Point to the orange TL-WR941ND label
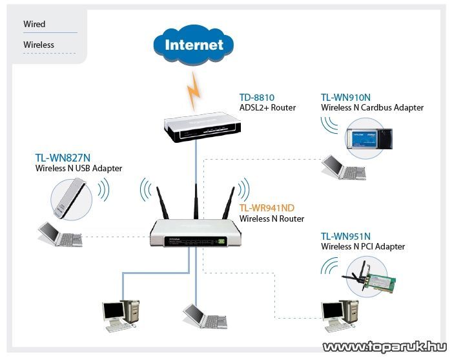pyautogui.click(x=267, y=208)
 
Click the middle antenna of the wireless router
pyautogui.click(x=194, y=196)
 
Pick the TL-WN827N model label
pyautogui.click(x=63, y=158)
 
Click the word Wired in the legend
pyautogui.click(x=34, y=24)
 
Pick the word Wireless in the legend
pyautogui.click(x=39, y=45)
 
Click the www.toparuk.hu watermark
pyautogui.click(x=384, y=347)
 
